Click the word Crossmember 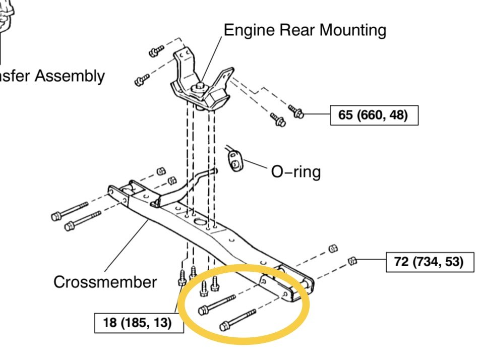coord(105,282)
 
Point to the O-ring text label coord(295,171)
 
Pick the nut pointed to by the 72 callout coord(353,261)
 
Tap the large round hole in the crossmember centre coord(200,222)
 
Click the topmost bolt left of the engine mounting coord(156,50)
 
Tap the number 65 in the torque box coord(345,115)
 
